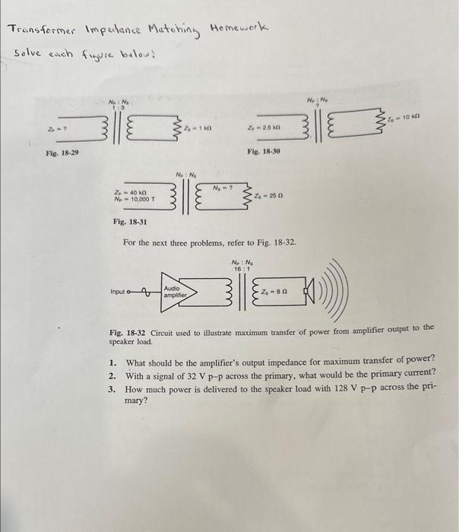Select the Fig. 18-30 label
click(x=264, y=153)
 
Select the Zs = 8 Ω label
click(x=275, y=290)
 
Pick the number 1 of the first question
click(x=111, y=358)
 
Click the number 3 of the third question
click(x=111, y=386)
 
